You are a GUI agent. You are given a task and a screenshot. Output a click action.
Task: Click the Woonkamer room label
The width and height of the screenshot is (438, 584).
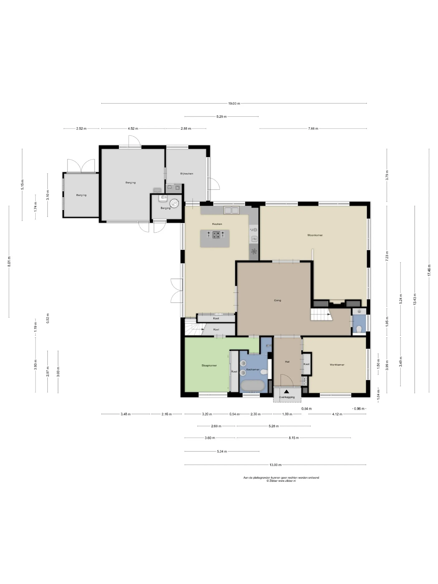pos(315,235)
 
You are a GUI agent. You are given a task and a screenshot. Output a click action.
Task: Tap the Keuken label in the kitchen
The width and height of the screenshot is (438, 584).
pos(217,224)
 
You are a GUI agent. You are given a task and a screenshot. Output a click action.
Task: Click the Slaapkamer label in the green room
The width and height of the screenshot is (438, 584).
pos(209,365)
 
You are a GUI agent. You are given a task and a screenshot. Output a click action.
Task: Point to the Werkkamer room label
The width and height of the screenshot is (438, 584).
pos(337,365)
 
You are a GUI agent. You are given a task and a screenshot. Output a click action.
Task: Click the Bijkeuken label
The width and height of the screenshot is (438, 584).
pos(187,174)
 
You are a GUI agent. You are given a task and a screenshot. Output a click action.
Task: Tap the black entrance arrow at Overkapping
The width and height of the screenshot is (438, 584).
pos(286,391)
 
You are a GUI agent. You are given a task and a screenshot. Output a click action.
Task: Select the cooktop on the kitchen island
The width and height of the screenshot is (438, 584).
pos(216,235)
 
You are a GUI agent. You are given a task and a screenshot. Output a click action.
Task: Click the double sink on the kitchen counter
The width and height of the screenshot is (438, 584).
pos(231,210)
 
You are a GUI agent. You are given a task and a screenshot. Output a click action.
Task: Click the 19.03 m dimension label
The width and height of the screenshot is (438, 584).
pos(234,103)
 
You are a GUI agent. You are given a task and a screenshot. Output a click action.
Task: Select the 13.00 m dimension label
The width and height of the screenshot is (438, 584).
pos(275,465)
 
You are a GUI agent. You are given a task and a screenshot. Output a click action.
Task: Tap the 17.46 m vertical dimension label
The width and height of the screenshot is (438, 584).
pos(429,270)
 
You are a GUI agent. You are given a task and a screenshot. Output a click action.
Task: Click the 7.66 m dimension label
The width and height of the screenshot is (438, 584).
pos(313,128)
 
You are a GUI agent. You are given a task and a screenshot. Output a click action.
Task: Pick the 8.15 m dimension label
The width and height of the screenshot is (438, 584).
pos(294,438)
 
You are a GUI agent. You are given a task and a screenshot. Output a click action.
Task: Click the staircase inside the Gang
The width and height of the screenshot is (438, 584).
pos(321,315)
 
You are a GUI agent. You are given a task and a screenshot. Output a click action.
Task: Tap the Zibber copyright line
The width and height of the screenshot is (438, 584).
pos(281,481)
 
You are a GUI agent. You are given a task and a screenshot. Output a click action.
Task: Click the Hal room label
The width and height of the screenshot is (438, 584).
pos(287,362)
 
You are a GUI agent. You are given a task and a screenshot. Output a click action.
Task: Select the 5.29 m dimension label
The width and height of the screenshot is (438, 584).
pos(222,116)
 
